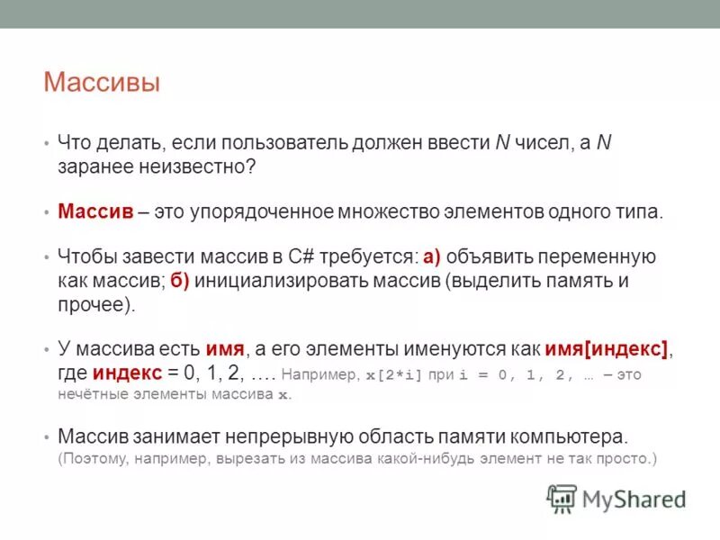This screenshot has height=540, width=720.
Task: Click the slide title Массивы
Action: coord(102,84)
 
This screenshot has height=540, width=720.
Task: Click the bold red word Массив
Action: coord(96,212)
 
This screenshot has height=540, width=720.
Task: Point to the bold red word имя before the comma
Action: coord(225,349)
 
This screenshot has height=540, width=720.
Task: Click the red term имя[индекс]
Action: coord(607,349)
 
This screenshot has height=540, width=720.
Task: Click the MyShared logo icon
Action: coord(562,498)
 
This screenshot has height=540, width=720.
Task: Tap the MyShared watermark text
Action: coord(634,499)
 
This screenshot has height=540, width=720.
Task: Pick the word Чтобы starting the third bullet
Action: coord(85,257)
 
